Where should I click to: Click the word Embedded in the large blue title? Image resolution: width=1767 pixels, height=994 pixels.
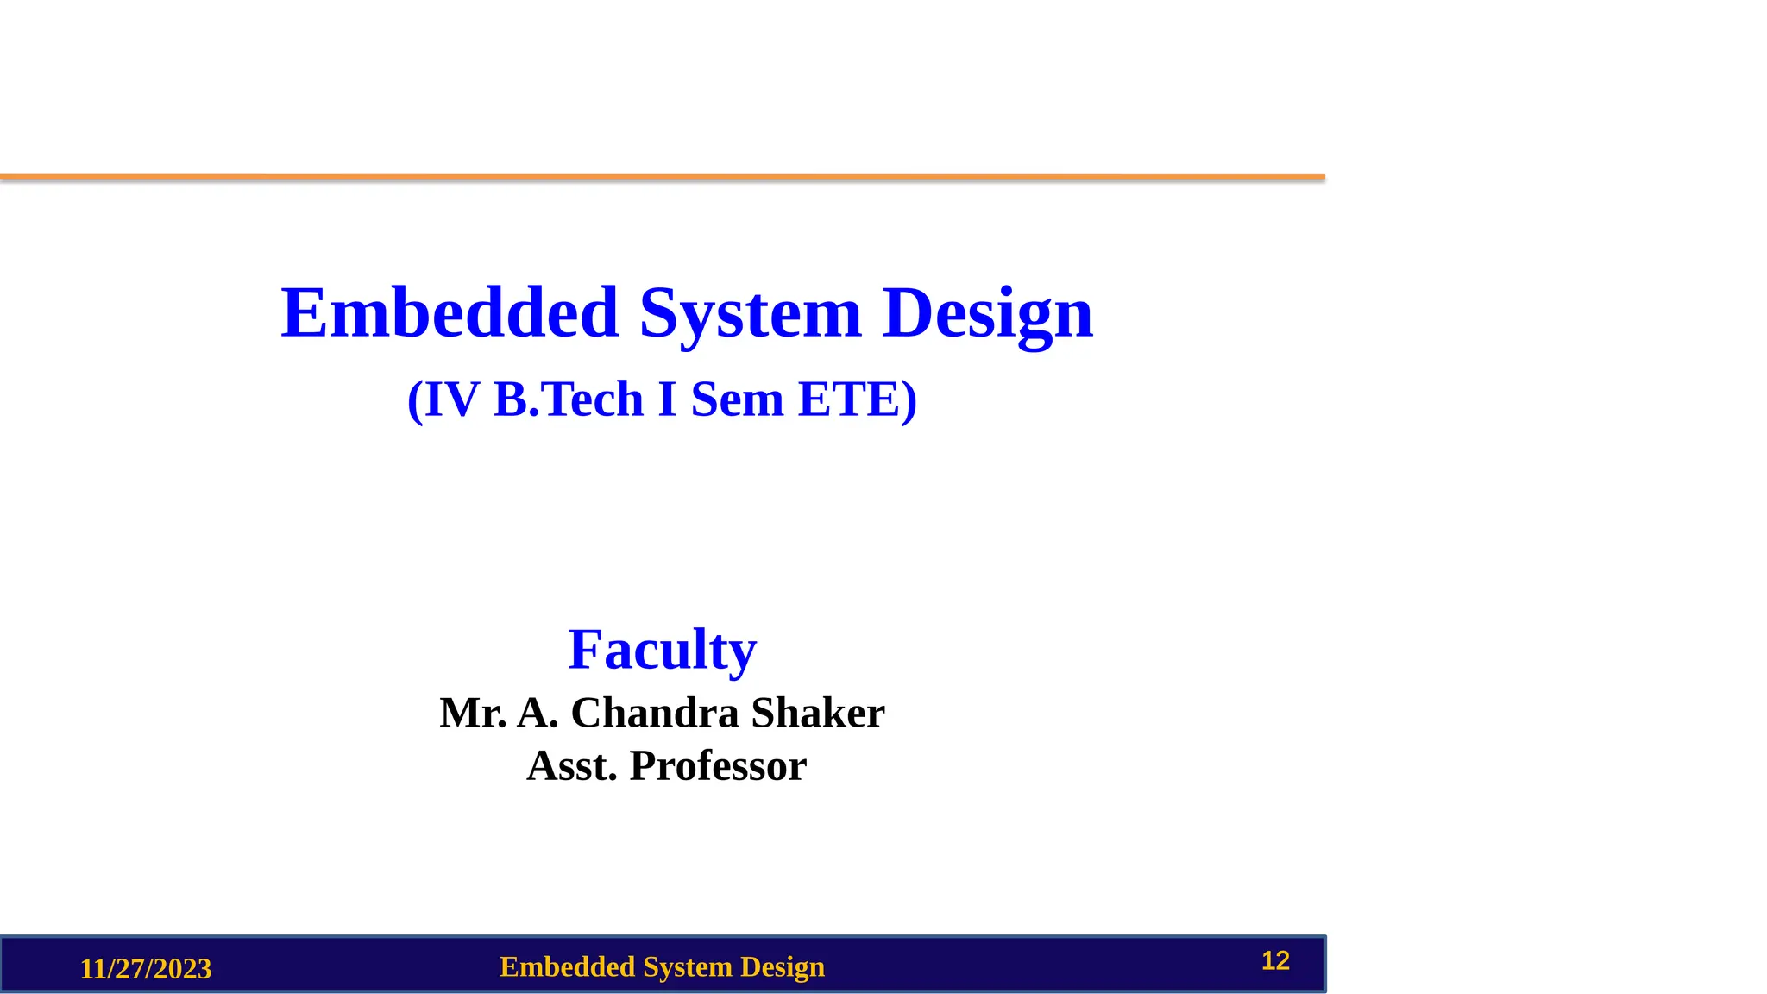tap(450, 312)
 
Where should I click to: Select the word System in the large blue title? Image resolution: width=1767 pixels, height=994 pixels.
tap(750, 312)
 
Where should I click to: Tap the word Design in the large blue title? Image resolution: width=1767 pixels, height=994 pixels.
tap(987, 312)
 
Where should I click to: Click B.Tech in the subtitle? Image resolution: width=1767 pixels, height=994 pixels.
tap(569, 399)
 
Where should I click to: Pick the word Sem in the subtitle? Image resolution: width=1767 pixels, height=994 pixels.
tap(737, 399)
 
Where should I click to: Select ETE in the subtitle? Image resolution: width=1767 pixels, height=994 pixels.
tap(849, 399)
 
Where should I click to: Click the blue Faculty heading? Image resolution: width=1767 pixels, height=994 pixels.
tap(662, 649)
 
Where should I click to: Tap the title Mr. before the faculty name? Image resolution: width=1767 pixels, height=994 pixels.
tap(473, 713)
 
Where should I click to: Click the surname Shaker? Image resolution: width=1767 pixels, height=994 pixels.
tap(818, 713)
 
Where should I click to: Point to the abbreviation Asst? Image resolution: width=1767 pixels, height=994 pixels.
tap(572, 765)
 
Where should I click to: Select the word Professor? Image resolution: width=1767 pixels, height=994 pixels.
tap(718, 765)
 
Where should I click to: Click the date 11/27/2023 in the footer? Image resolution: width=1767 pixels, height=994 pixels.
tap(146, 969)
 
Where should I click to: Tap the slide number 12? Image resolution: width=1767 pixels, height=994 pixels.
tap(1275, 960)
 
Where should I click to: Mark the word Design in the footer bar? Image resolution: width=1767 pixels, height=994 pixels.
tap(783, 966)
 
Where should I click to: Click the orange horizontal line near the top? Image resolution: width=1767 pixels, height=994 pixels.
tap(663, 177)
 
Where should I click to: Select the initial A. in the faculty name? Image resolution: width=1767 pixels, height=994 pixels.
tap(538, 713)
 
